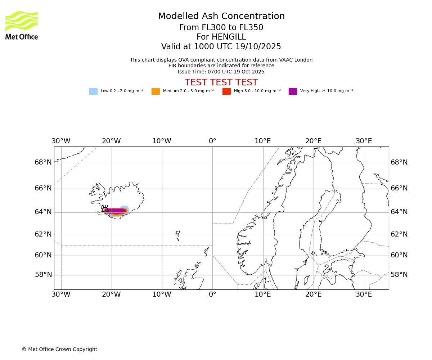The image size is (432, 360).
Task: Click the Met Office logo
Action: point(22,25)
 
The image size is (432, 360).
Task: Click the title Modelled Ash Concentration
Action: point(221,17)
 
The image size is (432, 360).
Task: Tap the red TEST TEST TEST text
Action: point(221,82)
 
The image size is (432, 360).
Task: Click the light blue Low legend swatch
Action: point(93,91)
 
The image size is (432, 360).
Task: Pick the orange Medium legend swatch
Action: point(156,91)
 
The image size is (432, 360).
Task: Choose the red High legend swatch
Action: point(226,91)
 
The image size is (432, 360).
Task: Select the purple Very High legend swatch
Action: point(293,91)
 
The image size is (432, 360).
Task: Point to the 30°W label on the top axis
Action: point(61,141)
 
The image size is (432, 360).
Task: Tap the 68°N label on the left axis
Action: point(43,162)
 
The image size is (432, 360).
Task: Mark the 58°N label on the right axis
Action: point(399,275)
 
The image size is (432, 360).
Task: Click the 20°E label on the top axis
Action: point(314,141)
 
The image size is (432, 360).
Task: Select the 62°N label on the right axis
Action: point(399,234)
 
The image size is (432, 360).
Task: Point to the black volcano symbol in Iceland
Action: point(105,209)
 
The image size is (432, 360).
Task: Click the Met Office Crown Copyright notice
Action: point(59,349)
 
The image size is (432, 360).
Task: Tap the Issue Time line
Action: point(221,72)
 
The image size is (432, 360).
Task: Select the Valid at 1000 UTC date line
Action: point(221,47)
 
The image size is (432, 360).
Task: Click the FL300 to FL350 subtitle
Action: point(221,28)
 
